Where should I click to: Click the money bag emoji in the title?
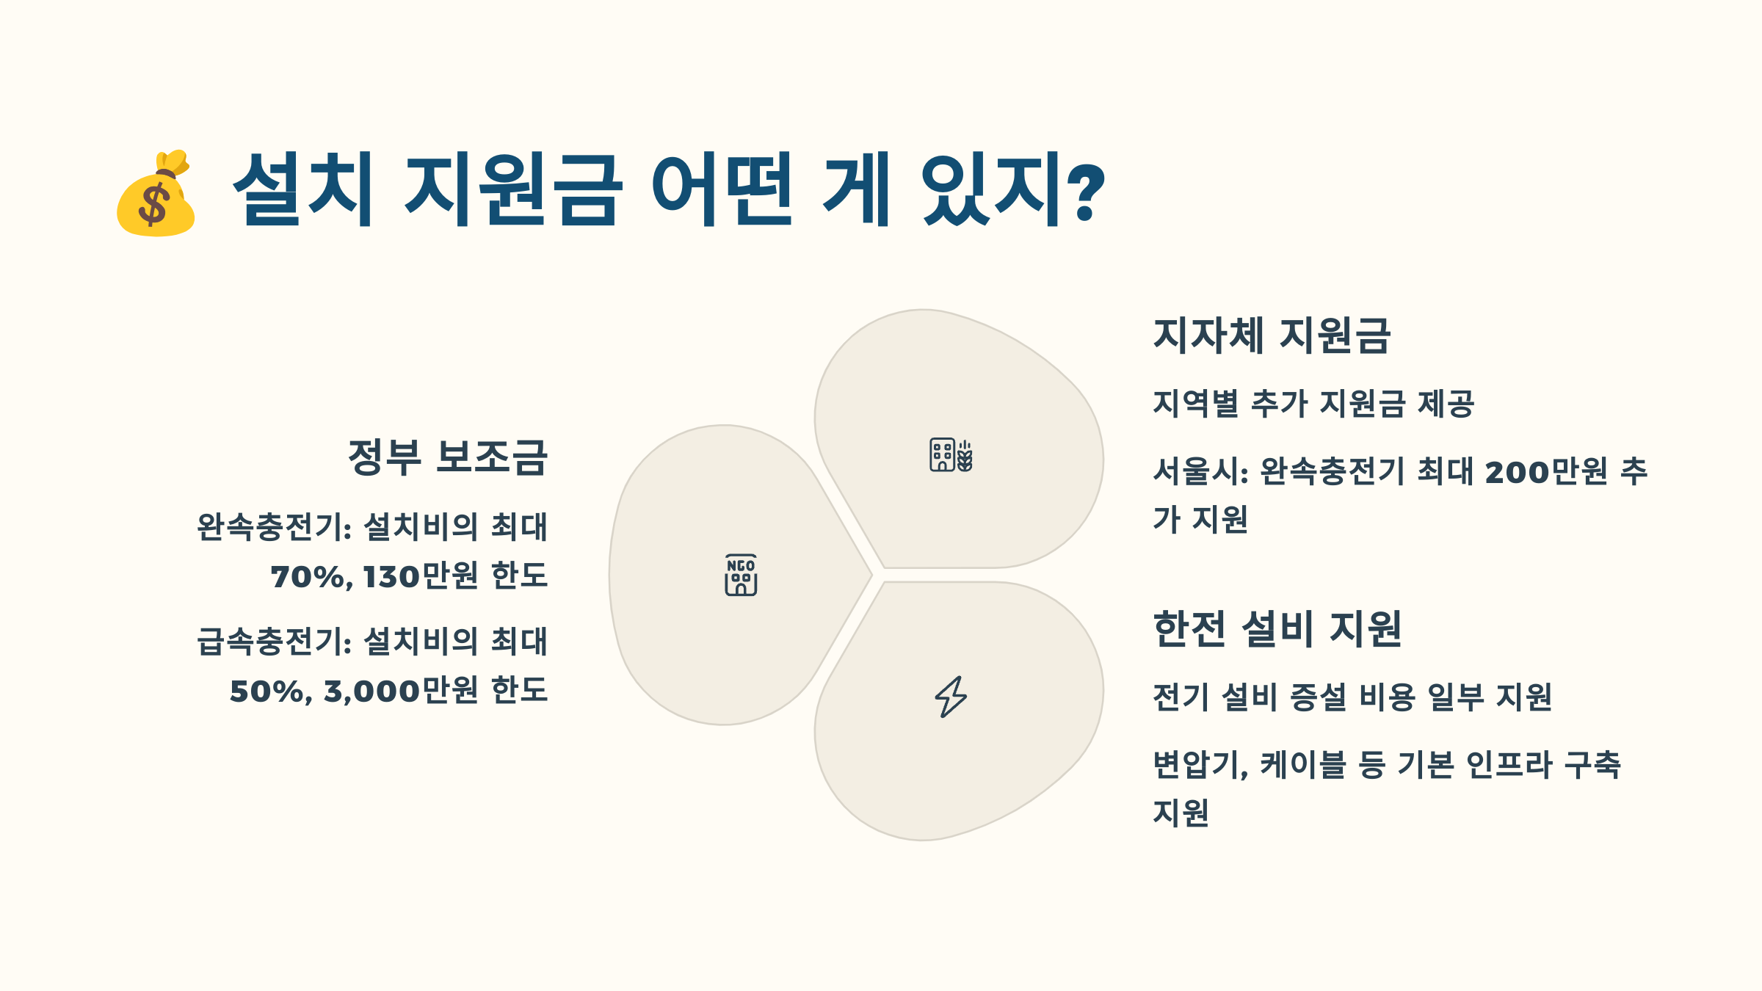click(x=156, y=194)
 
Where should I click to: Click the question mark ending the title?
click(x=1086, y=192)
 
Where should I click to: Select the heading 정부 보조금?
click(x=448, y=457)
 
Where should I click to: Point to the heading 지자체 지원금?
click(x=1272, y=335)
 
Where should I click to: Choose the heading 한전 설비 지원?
click(x=1277, y=629)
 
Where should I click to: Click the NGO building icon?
click(x=741, y=575)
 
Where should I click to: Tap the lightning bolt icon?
click(x=951, y=696)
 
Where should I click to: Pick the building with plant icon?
click(x=951, y=455)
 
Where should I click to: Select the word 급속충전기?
click(x=275, y=642)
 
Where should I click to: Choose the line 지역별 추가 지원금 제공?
click(x=1313, y=404)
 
